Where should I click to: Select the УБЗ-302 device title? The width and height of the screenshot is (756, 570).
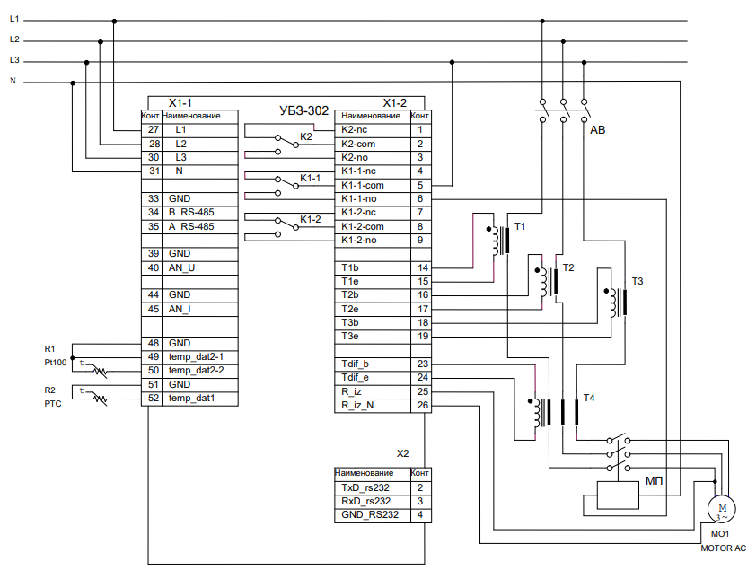pos(304,110)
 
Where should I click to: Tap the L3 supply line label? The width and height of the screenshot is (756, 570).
pos(14,60)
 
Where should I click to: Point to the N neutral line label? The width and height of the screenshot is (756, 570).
pos(13,81)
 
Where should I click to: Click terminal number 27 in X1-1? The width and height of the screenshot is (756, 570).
pos(153,130)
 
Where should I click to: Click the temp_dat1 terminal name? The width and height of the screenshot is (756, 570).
pos(191,398)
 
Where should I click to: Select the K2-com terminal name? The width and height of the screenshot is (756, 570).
pos(361,144)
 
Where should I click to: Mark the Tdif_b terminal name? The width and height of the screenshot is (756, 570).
pos(357,364)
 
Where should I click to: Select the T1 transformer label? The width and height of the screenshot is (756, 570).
pos(519,225)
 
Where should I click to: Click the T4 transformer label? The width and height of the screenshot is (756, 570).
pos(588,398)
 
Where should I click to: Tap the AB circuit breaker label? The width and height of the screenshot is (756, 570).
pos(598,131)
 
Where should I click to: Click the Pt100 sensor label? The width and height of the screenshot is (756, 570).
pos(56,363)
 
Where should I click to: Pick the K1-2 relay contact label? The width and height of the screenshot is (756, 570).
pos(311,218)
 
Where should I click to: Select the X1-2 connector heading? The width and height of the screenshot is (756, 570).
pos(394,102)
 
